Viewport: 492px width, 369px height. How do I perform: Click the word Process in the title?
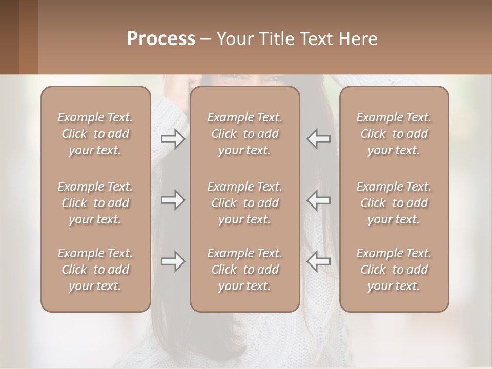point(161,39)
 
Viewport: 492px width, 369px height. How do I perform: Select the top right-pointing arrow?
point(173,139)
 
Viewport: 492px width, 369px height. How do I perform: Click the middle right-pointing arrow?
point(173,200)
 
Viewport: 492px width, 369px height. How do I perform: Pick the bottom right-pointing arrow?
point(173,261)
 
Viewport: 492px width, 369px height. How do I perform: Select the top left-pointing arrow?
point(318,139)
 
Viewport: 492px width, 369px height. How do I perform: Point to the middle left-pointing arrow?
point(318,200)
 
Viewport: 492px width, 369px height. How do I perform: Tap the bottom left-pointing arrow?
point(318,261)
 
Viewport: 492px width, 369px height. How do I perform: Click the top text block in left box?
point(95,134)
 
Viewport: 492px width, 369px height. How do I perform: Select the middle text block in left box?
point(95,203)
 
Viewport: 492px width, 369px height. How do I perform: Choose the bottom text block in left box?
point(95,270)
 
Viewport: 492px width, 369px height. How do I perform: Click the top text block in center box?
point(244,134)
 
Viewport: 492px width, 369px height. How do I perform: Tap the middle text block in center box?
point(244,203)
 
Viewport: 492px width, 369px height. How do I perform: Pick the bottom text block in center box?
point(244,270)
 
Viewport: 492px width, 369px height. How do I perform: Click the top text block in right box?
point(394,134)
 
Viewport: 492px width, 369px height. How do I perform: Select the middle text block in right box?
point(394,203)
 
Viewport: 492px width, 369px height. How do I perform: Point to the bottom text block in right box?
point(394,270)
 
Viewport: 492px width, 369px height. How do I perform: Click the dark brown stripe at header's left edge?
point(9,37)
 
